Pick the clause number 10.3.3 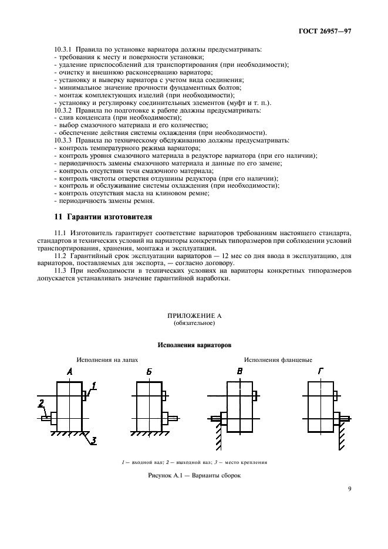click(x=63, y=141)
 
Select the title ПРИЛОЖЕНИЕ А click(x=194, y=316)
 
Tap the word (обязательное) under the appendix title click(x=194, y=323)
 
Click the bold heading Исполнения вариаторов click(x=194, y=345)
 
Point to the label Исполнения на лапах click(x=106, y=360)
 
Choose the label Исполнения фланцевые click(x=278, y=360)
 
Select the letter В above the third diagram click(x=239, y=372)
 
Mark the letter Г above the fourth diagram click(x=319, y=372)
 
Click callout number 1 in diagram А click(x=93, y=386)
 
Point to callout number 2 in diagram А click(x=42, y=404)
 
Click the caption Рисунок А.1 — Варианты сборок click(x=194, y=475)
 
